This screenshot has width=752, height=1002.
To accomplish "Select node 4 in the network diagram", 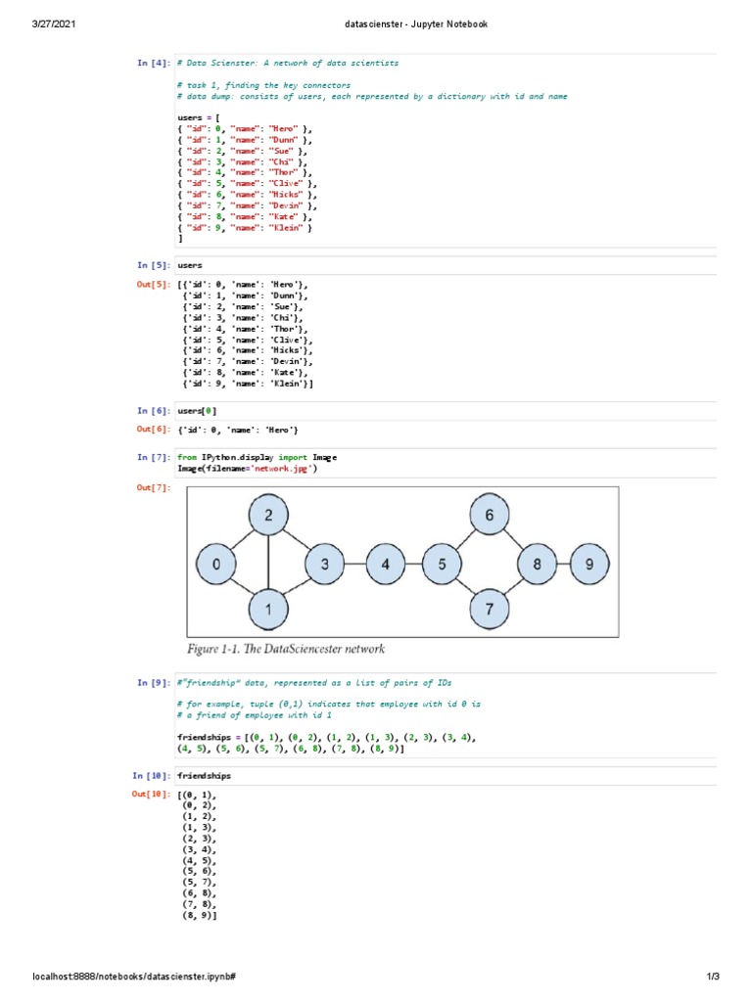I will (x=386, y=564).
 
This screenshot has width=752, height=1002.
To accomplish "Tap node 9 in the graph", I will (x=588, y=564).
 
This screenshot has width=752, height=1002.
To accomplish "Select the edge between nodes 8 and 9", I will (x=564, y=564).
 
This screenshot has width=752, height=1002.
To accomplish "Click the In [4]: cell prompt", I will (x=154, y=63).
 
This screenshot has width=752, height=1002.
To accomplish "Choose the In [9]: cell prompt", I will (x=154, y=682).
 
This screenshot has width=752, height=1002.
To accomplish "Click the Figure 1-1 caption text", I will (x=286, y=649).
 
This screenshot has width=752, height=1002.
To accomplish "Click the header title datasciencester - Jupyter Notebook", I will (x=375, y=23).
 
